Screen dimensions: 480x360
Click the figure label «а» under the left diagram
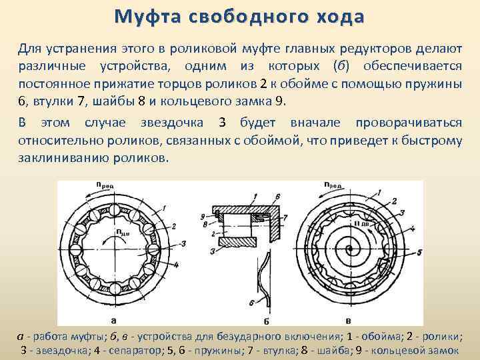[x=115, y=319]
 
